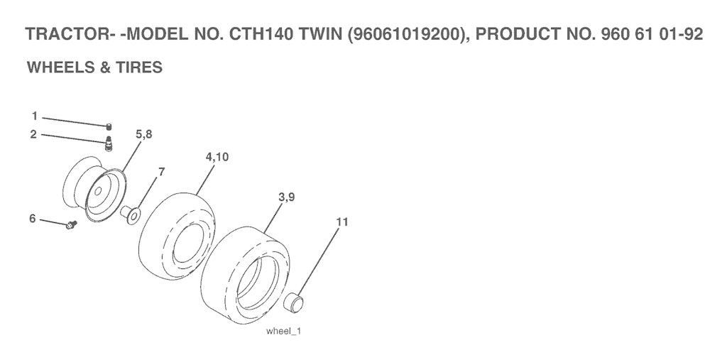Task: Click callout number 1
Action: coord(34,116)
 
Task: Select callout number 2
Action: coord(33,134)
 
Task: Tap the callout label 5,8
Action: coord(143,134)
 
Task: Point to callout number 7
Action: coord(161,172)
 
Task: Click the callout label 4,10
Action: coord(217,157)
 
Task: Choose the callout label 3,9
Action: coord(287,197)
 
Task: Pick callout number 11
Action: coord(342,222)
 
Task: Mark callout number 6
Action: coord(33,218)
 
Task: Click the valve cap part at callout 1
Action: coord(109,127)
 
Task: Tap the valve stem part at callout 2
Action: coord(109,144)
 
